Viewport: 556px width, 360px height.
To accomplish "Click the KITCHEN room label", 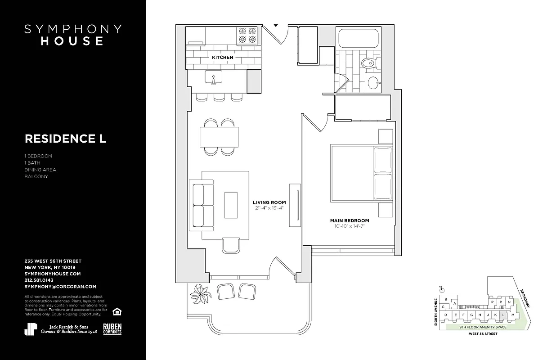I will [223, 58].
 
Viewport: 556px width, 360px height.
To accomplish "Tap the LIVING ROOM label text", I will [269, 202].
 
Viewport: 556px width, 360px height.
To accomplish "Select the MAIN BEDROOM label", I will [350, 220].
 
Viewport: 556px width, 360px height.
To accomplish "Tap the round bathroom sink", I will [373, 82].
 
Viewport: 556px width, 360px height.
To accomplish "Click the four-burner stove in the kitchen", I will [247, 35].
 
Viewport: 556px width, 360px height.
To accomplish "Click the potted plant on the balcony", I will [201, 295].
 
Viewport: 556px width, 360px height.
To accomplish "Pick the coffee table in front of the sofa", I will [231, 205].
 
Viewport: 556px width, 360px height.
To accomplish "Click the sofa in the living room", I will [201, 205].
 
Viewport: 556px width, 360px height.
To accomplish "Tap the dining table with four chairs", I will [219, 137].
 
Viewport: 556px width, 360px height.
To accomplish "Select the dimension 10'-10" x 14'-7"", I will [350, 226].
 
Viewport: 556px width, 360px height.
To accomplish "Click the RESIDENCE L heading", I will [65, 139].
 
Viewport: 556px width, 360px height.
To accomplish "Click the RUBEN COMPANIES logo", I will [112, 329].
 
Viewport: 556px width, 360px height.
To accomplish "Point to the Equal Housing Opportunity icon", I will [117, 311].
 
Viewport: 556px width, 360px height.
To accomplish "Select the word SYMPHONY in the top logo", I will [73, 29].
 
